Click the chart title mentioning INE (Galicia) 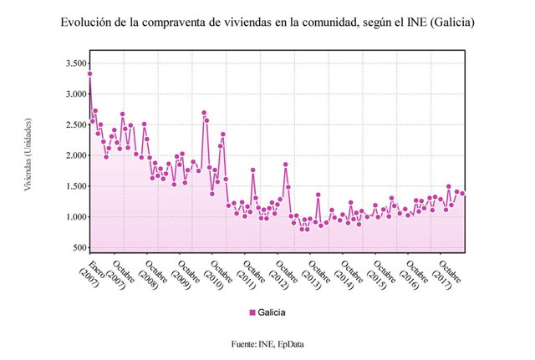[x=267, y=23]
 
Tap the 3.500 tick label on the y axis [x=75, y=63]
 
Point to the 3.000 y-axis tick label [x=75, y=94]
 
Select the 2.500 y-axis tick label [x=75, y=125]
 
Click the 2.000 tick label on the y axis [x=75, y=156]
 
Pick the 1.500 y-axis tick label [x=75, y=187]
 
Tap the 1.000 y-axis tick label [x=75, y=217]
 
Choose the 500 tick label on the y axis [x=79, y=248]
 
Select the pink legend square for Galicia [x=252, y=312]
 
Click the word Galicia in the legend [x=272, y=312]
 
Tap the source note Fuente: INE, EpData [x=267, y=343]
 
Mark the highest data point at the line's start [x=89, y=74]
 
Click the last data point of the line [x=463, y=193]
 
